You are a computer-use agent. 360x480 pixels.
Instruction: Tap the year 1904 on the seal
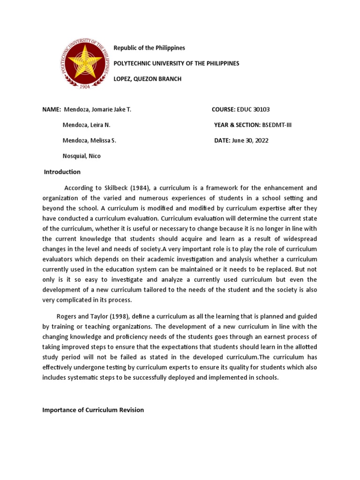85,87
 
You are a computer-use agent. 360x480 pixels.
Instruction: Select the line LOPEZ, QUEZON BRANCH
147,79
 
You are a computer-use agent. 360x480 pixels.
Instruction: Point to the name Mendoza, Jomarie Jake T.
97,110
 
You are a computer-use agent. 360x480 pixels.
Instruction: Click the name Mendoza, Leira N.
86,125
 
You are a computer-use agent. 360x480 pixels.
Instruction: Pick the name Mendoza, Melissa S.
89,141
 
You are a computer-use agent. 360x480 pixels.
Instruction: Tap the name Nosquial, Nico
81,156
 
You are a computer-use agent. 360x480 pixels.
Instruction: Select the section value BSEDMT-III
279,125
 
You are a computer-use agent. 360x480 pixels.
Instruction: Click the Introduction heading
62,172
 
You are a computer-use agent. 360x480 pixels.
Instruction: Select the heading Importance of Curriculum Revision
93,410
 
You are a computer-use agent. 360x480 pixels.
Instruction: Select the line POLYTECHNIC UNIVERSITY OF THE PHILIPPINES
176,63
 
